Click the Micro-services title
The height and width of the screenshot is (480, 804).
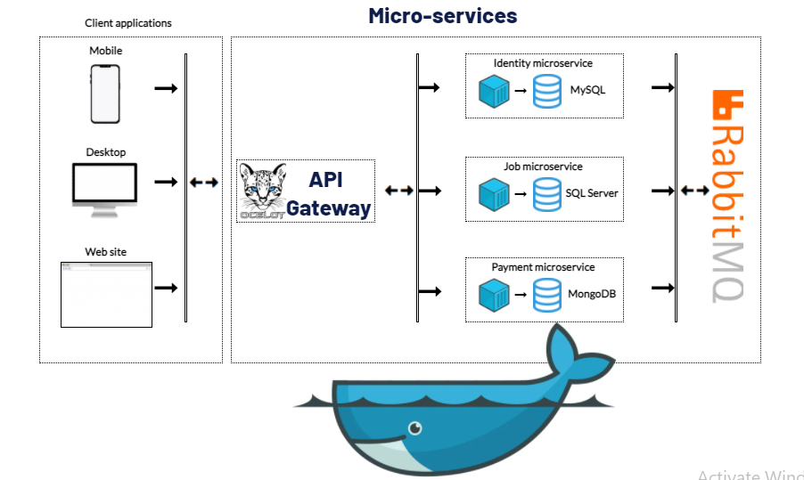442,16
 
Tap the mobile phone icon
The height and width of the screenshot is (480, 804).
105,94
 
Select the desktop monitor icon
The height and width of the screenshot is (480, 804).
104,190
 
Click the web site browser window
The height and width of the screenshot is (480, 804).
106,295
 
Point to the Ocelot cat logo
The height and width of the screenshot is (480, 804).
263,191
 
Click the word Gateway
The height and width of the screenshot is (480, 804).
328,208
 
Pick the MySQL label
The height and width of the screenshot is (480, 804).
587,90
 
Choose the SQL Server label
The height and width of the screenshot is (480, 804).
592,193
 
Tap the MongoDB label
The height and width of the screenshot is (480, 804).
592,294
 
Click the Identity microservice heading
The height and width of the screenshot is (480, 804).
543,63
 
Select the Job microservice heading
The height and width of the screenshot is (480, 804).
543,167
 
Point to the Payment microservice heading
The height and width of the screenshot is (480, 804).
543,267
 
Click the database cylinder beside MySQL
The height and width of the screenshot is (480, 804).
547,91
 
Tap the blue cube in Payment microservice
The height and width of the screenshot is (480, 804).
494,295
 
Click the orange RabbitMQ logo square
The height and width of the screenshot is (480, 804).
727,105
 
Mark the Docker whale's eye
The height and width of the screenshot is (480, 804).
414,427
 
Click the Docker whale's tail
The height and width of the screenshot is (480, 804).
579,354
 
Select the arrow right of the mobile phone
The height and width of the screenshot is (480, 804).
166,88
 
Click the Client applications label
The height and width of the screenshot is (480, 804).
128,23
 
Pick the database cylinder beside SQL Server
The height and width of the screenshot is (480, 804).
547,195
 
